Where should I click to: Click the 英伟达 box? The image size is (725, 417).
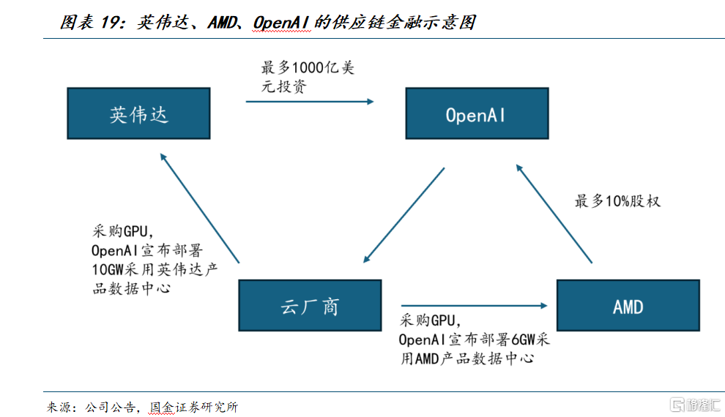138,113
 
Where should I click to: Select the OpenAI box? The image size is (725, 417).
476,113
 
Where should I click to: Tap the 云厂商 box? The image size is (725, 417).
310,305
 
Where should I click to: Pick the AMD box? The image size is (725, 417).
628,305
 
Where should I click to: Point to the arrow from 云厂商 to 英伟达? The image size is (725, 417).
200,208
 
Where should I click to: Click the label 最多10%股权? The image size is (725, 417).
617,200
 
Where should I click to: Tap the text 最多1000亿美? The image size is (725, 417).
308,68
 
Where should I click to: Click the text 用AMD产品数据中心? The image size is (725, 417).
466,358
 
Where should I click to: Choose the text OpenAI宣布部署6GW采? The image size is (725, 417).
474,340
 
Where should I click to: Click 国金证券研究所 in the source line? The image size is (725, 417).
193,407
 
